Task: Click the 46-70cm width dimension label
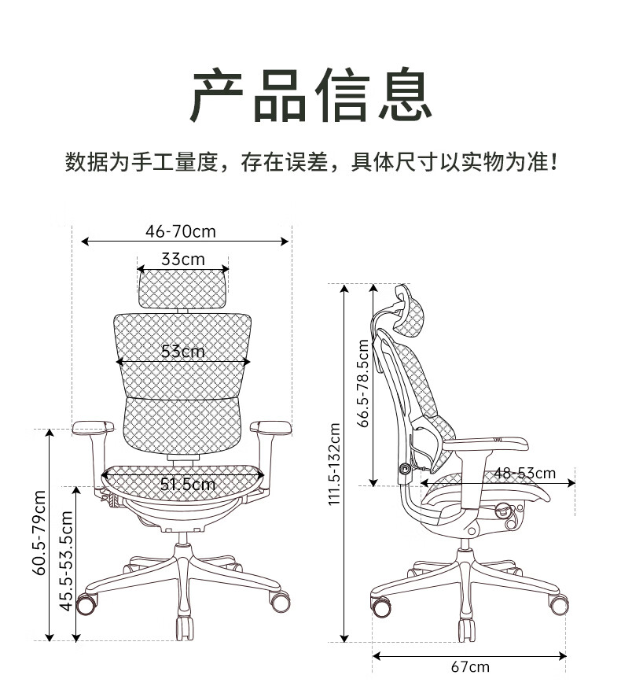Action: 181,231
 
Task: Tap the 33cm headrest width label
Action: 182,259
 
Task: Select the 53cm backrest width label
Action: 182,351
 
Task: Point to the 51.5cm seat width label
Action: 188,484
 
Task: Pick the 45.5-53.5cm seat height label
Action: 66,561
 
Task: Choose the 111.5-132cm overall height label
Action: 334,464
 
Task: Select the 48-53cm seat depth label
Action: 525,473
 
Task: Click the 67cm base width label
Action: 470,667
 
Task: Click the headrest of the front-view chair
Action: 182,289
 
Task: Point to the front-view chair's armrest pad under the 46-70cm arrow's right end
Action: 271,428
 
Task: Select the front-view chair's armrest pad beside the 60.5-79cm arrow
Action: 93,427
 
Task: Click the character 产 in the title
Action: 217,95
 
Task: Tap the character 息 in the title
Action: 405,95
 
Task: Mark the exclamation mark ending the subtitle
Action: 553,162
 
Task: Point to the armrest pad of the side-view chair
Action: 486,444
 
